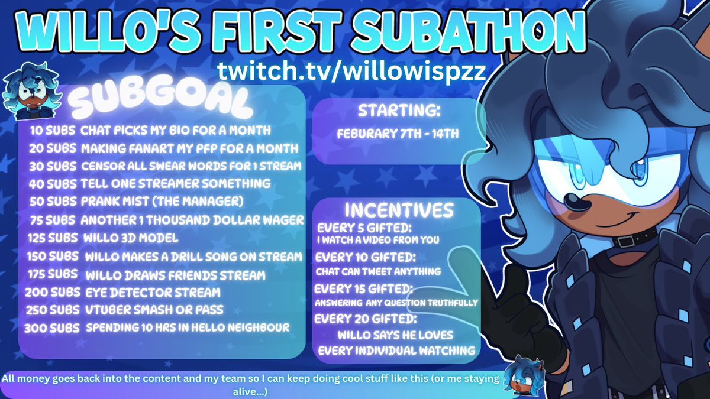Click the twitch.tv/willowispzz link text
pyautogui.click(x=352, y=70)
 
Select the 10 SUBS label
pyautogui.click(x=51, y=130)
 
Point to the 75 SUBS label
pyautogui.click(x=53, y=220)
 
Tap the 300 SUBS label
pyautogui.click(x=51, y=327)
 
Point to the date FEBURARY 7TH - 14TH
pyautogui.click(x=398, y=134)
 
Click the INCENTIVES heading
pyautogui.click(x=398, y=210)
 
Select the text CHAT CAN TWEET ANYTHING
pyautogui.click(x=378, y=271)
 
